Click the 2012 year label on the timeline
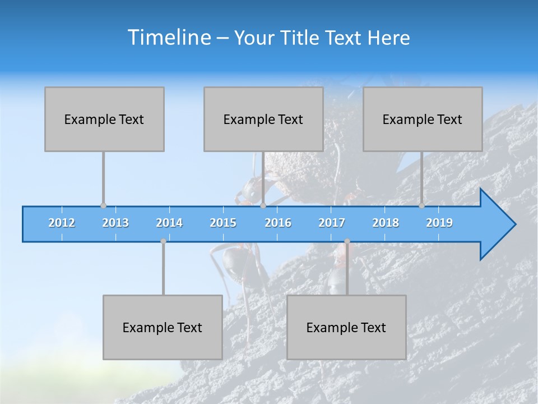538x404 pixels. tap(62, 223)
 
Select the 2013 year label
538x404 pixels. tap(115, 223)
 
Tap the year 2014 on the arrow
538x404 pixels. tap(169, 223)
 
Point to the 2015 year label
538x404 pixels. tap(223, 223)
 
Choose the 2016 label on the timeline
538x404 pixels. tap(278, 223)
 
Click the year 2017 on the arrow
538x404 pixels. tap(332, 223)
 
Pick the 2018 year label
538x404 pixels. tap(386, 223)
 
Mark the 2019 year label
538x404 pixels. tap(439, 223)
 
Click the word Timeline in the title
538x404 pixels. tap(169, 38)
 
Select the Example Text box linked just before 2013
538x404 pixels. tap(104, 119)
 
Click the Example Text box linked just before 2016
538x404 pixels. tap(263, 119)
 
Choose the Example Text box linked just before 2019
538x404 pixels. tap(423, 119)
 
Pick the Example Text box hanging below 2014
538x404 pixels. tap(163, 327)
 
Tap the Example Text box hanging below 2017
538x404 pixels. tap(346, 327)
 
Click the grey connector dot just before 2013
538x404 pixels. tap(103, 206)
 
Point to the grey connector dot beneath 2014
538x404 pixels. tap(163, 241)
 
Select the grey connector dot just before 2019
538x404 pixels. tap(421, 206)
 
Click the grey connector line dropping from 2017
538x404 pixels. tap(347, 269)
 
